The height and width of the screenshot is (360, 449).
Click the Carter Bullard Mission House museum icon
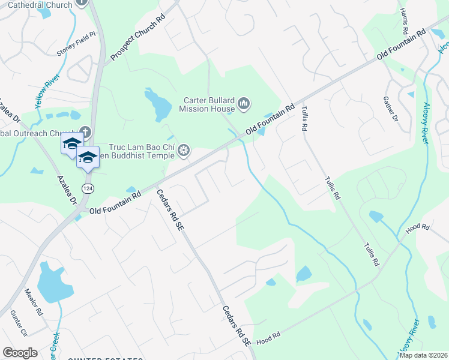pos(244,104)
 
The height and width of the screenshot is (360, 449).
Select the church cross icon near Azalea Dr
pos(85,131)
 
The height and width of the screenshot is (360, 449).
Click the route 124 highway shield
pos(88,189)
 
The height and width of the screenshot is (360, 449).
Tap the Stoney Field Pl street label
pos(76,44)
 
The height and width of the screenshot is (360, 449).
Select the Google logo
pos(20,353)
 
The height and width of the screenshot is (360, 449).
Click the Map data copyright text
pos(424,355)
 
